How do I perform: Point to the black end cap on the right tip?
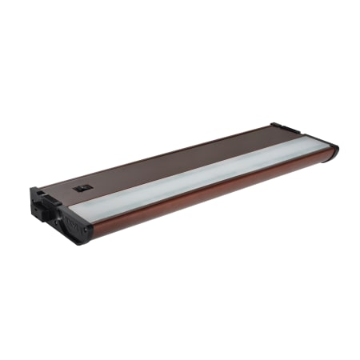[333, 150]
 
